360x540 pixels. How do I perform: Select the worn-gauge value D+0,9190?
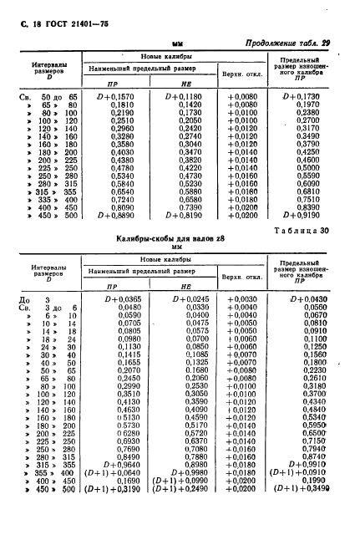click(305, 216)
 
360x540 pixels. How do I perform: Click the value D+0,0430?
click(307, 298)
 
